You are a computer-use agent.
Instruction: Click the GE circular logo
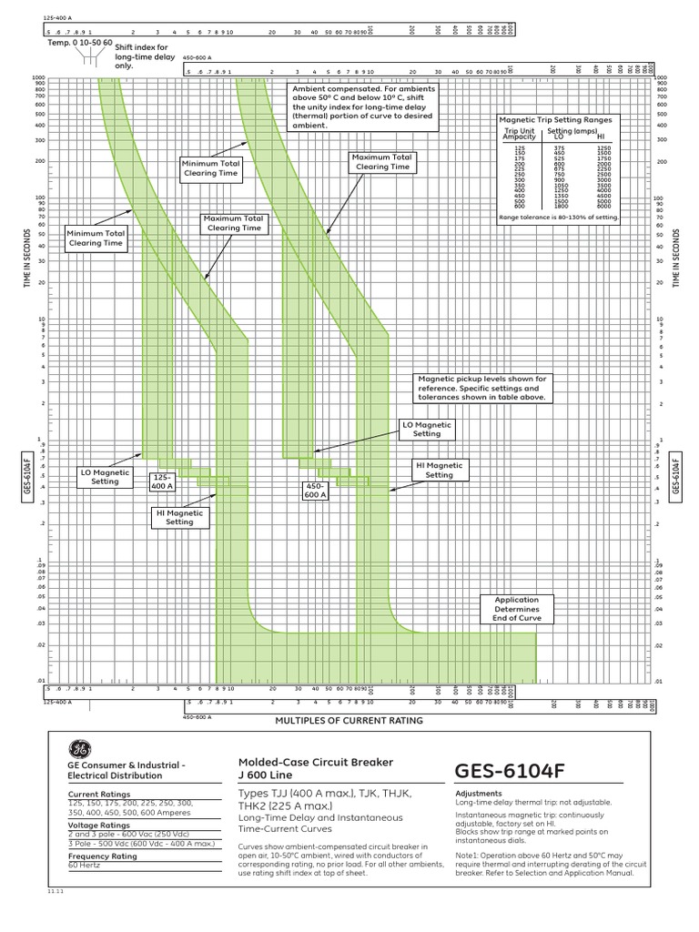tap(78, 749)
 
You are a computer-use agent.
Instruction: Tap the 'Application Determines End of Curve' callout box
tap(516, 608)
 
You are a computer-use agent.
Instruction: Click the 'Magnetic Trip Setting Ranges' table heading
tap(555, 119)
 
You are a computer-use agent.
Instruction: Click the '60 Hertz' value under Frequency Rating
tap(84, 866)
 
